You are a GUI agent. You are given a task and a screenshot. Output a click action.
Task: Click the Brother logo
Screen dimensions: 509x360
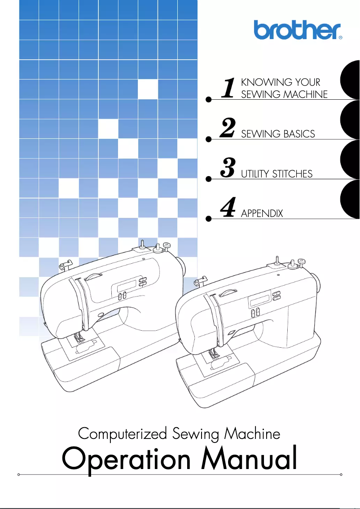298,30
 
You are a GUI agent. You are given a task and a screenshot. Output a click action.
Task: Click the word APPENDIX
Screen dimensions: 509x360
262,213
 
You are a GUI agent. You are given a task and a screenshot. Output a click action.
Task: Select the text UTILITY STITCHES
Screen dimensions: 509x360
277,174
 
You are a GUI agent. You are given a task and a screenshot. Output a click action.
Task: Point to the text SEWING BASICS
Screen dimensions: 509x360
278,134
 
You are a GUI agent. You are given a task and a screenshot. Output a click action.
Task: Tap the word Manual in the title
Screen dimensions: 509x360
250,459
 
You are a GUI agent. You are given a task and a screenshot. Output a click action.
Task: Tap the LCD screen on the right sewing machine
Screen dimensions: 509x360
259,300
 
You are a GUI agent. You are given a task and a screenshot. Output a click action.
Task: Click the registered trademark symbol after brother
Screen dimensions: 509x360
340,39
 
